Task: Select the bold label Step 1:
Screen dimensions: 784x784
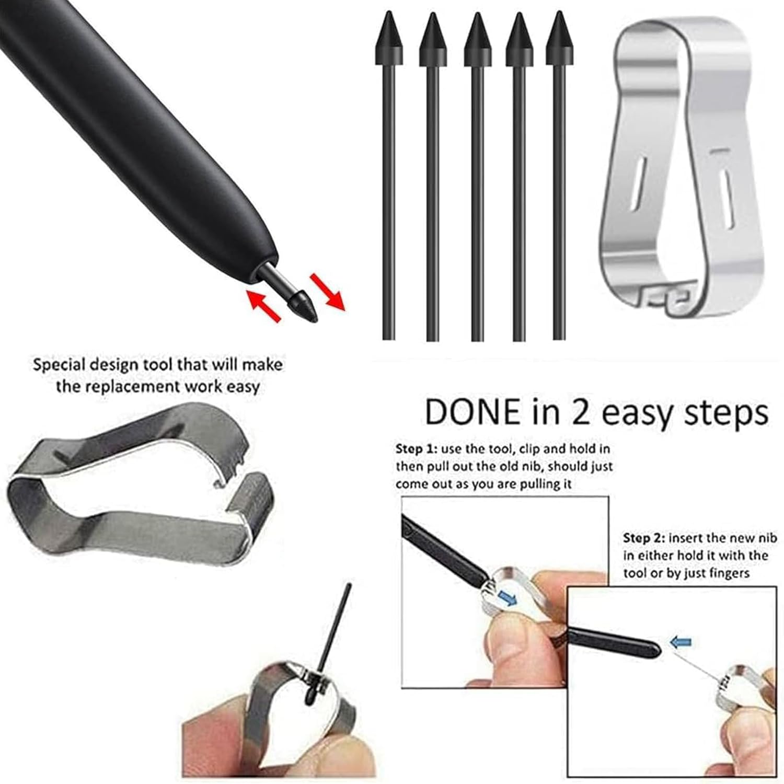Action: click(x=416, y=449)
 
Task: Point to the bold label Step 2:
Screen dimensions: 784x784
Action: click(x=644, y=538)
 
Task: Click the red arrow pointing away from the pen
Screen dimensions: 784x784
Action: click(x=328, y=291)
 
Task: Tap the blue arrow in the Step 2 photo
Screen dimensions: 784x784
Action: click(x=681, y=642)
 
